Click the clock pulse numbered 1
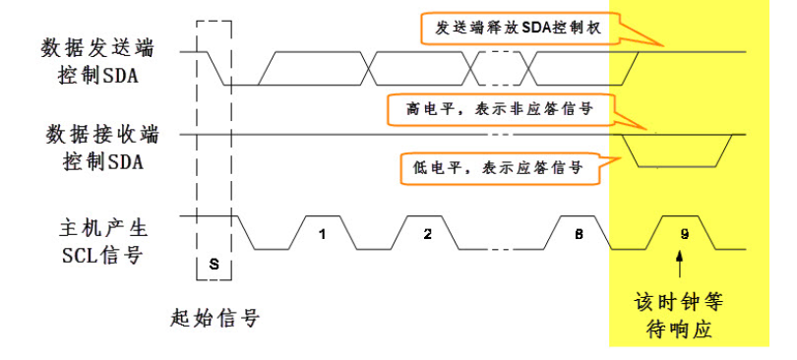click(321, 234)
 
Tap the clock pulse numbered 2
click(427, 234)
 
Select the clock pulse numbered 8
click(577, 234)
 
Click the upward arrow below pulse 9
click(679, 264)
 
